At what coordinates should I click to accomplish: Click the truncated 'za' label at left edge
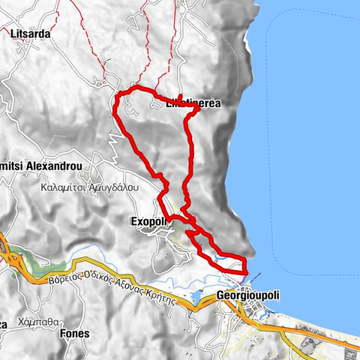tap(4, 324)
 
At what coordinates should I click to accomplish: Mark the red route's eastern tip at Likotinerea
tap(199, 108)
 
